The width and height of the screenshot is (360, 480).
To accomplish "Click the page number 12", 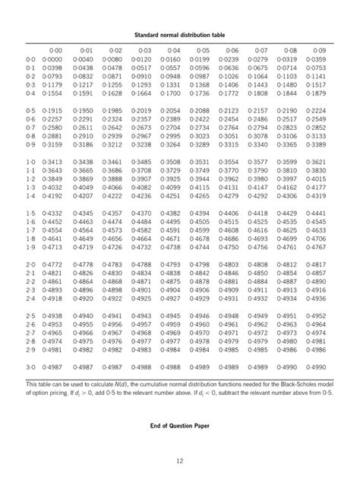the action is (x=179, y=459).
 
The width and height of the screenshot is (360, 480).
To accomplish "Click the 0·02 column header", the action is (x=112, y=49).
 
